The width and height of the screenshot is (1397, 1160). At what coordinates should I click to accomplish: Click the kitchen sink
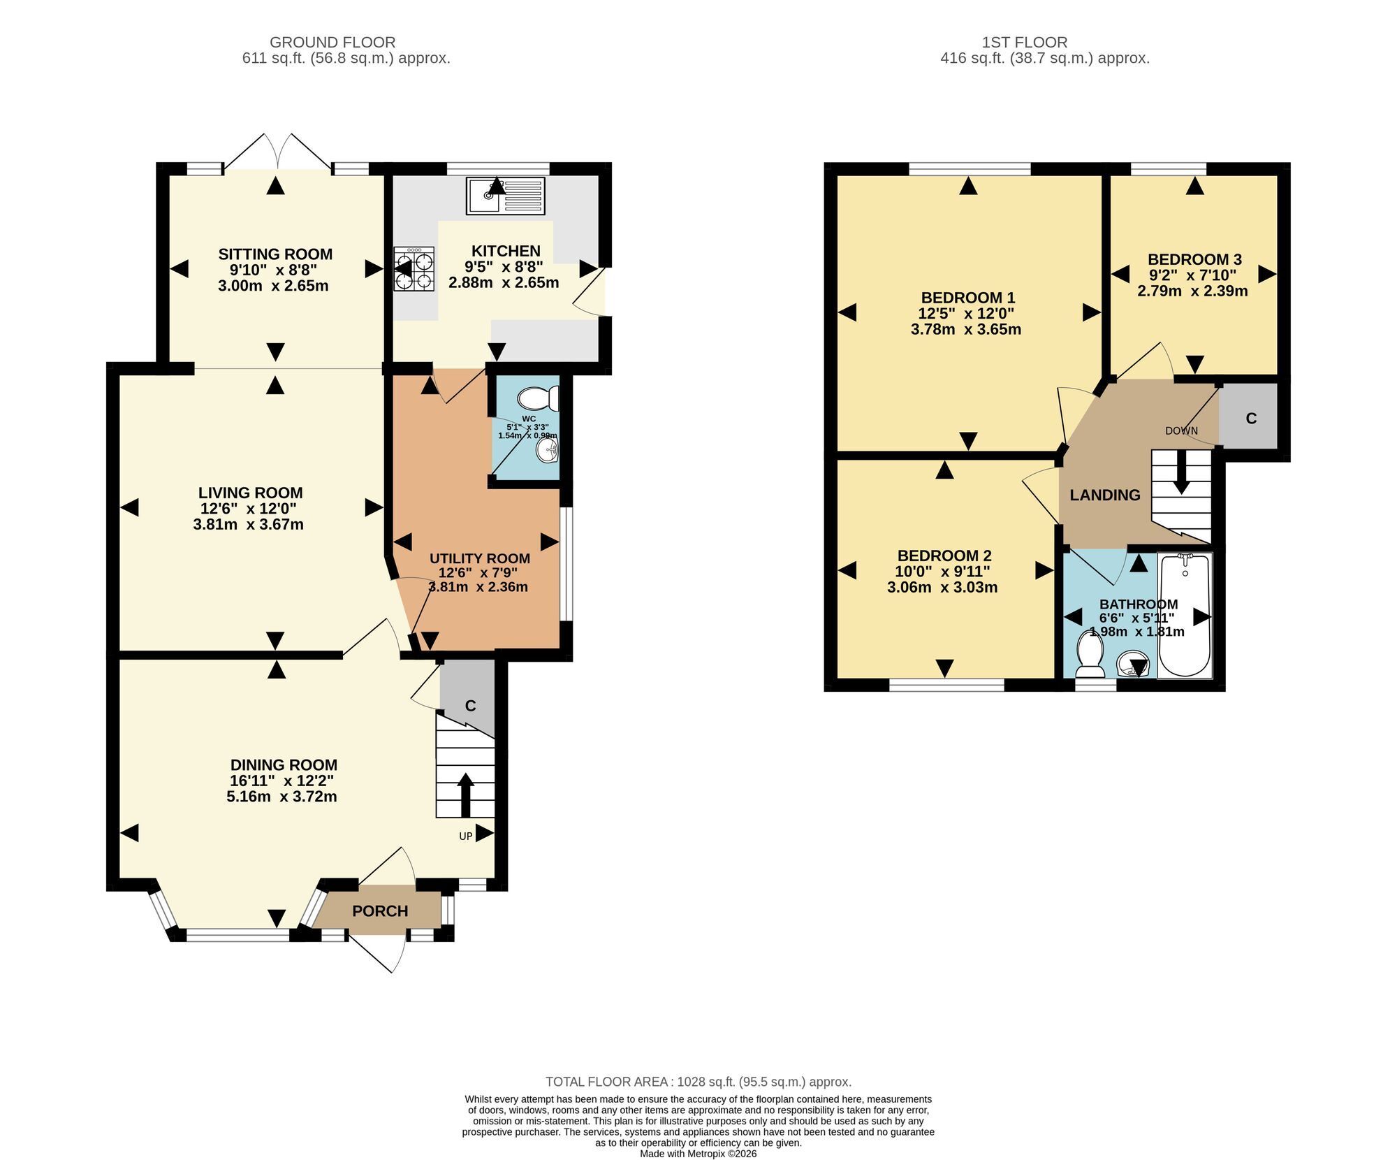[x=505, y=196]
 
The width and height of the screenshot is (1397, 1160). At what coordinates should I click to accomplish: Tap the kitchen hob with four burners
[x=414, y=269]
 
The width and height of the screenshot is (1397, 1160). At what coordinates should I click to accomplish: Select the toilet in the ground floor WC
[x=539, y=399]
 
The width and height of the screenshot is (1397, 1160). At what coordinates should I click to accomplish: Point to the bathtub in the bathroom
[x=1185, y=615]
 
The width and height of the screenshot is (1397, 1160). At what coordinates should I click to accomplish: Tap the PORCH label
[x=380, y=911]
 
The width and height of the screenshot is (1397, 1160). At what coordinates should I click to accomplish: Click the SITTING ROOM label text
[x=275, y=254]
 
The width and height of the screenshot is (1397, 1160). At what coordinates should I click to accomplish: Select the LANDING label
[x=1105, y=495]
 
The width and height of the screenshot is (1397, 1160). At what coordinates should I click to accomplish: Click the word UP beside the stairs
[x=466, y=836]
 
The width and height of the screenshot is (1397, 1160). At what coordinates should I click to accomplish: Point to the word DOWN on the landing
[x=1181, y=430]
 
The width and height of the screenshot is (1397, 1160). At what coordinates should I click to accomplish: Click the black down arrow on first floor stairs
[x=1181, y=472]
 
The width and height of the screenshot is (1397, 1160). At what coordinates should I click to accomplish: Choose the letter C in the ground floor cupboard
[x=470, y=706]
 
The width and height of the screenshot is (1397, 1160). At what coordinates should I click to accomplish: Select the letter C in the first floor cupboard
[x=1251, y=418]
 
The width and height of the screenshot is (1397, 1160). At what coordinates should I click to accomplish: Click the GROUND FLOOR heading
[x=332, y=43]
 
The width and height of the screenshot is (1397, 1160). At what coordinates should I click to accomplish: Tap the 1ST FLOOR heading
[x=1025, y=43]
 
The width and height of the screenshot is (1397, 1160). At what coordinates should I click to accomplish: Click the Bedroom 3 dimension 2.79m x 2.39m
[x=1192, y=291]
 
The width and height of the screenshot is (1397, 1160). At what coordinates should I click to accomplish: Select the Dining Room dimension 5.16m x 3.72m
[x=281, y=797]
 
